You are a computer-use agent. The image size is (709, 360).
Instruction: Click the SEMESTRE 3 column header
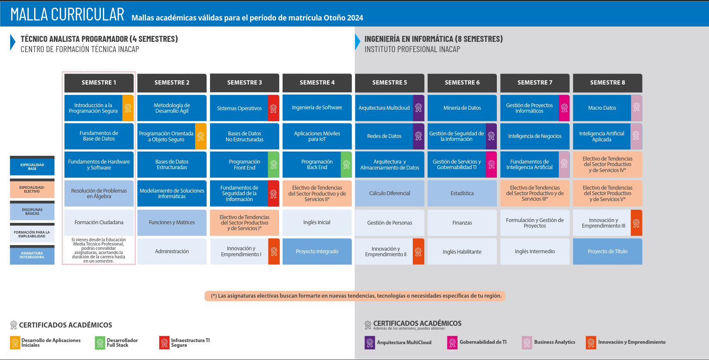(x=245, y=83)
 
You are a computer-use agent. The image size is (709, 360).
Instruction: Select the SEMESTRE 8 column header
(x=607, y=83)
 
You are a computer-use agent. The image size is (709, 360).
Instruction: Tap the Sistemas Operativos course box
(x=239, y=108)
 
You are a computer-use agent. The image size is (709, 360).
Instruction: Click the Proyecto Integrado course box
(x=317, y=252)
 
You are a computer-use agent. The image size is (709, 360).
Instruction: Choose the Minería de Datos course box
(x=462, y=108)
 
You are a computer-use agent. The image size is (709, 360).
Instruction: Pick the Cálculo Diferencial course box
(x=390, y=193)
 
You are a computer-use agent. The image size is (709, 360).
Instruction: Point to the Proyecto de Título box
(x=607, y=252)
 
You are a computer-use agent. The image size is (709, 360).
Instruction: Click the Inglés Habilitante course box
(x=462, y=252)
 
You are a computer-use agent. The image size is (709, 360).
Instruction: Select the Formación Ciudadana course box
(x=99, y=222)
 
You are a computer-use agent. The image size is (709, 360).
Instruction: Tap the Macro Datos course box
(x=602, y=108)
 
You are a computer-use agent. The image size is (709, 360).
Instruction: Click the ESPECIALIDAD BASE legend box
(x=32, y=167)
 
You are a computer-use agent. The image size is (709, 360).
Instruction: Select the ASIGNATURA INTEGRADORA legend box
(x=32, y=255)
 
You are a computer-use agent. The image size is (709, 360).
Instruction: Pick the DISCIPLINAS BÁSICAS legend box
(x=32, y=211)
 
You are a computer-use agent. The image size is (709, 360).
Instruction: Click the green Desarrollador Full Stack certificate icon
(x=100, y=343)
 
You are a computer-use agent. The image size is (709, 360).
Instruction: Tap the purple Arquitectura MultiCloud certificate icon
(x=370, y=342)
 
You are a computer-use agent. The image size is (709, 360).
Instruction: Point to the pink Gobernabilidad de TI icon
(x=452, y=342)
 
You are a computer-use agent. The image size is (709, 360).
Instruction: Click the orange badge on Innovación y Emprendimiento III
(x=636, y=223)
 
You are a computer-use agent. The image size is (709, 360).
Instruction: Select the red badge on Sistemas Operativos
(x=274, y=108)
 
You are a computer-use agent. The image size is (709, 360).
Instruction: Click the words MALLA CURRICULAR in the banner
(x=67, y=15)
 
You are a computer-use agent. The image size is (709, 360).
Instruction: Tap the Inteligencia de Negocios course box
(x=535, y=136)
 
